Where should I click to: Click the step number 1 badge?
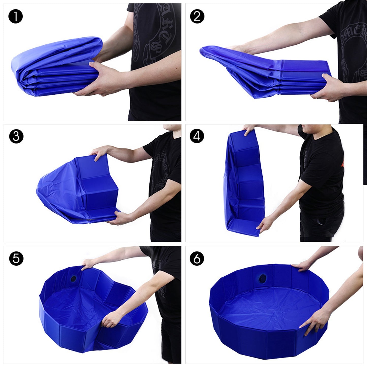(x=16, y=17)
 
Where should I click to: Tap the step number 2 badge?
(x=197, y=17)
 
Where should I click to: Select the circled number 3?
(x=16, y=137)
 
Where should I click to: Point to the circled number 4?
(x=197, y=137)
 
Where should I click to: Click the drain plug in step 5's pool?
(x=74, y=279)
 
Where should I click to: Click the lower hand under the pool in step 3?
(x=119, y=218)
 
